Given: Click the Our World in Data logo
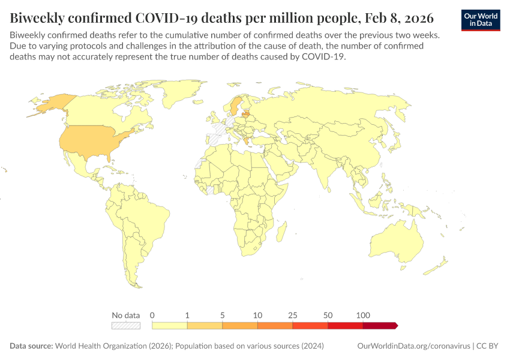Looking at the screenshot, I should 481,19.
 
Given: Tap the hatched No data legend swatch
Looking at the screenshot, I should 126,325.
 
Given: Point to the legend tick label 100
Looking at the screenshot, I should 362,315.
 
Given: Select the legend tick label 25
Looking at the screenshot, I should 293,315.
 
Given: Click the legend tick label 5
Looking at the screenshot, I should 223,315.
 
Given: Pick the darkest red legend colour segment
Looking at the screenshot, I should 379,325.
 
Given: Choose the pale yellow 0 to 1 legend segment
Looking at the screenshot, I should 170,325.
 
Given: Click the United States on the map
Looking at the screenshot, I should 90,141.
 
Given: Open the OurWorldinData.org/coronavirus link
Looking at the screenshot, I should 413,346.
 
